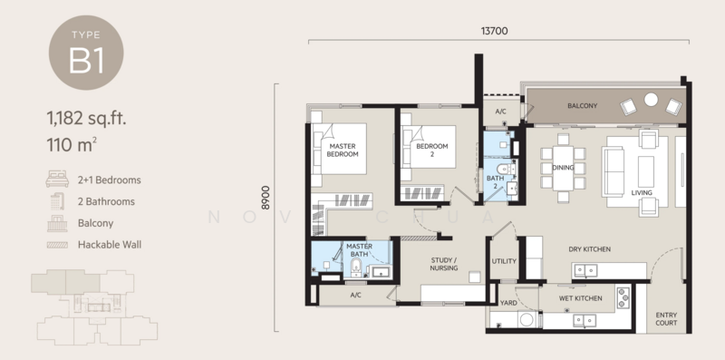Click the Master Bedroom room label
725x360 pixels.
[x=343, y=150]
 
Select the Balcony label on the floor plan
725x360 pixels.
[x=582, y=106]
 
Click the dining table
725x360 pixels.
[x=563, y=168]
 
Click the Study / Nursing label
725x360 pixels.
[x=443, y=264]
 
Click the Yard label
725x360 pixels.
[x=508, y=304]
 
